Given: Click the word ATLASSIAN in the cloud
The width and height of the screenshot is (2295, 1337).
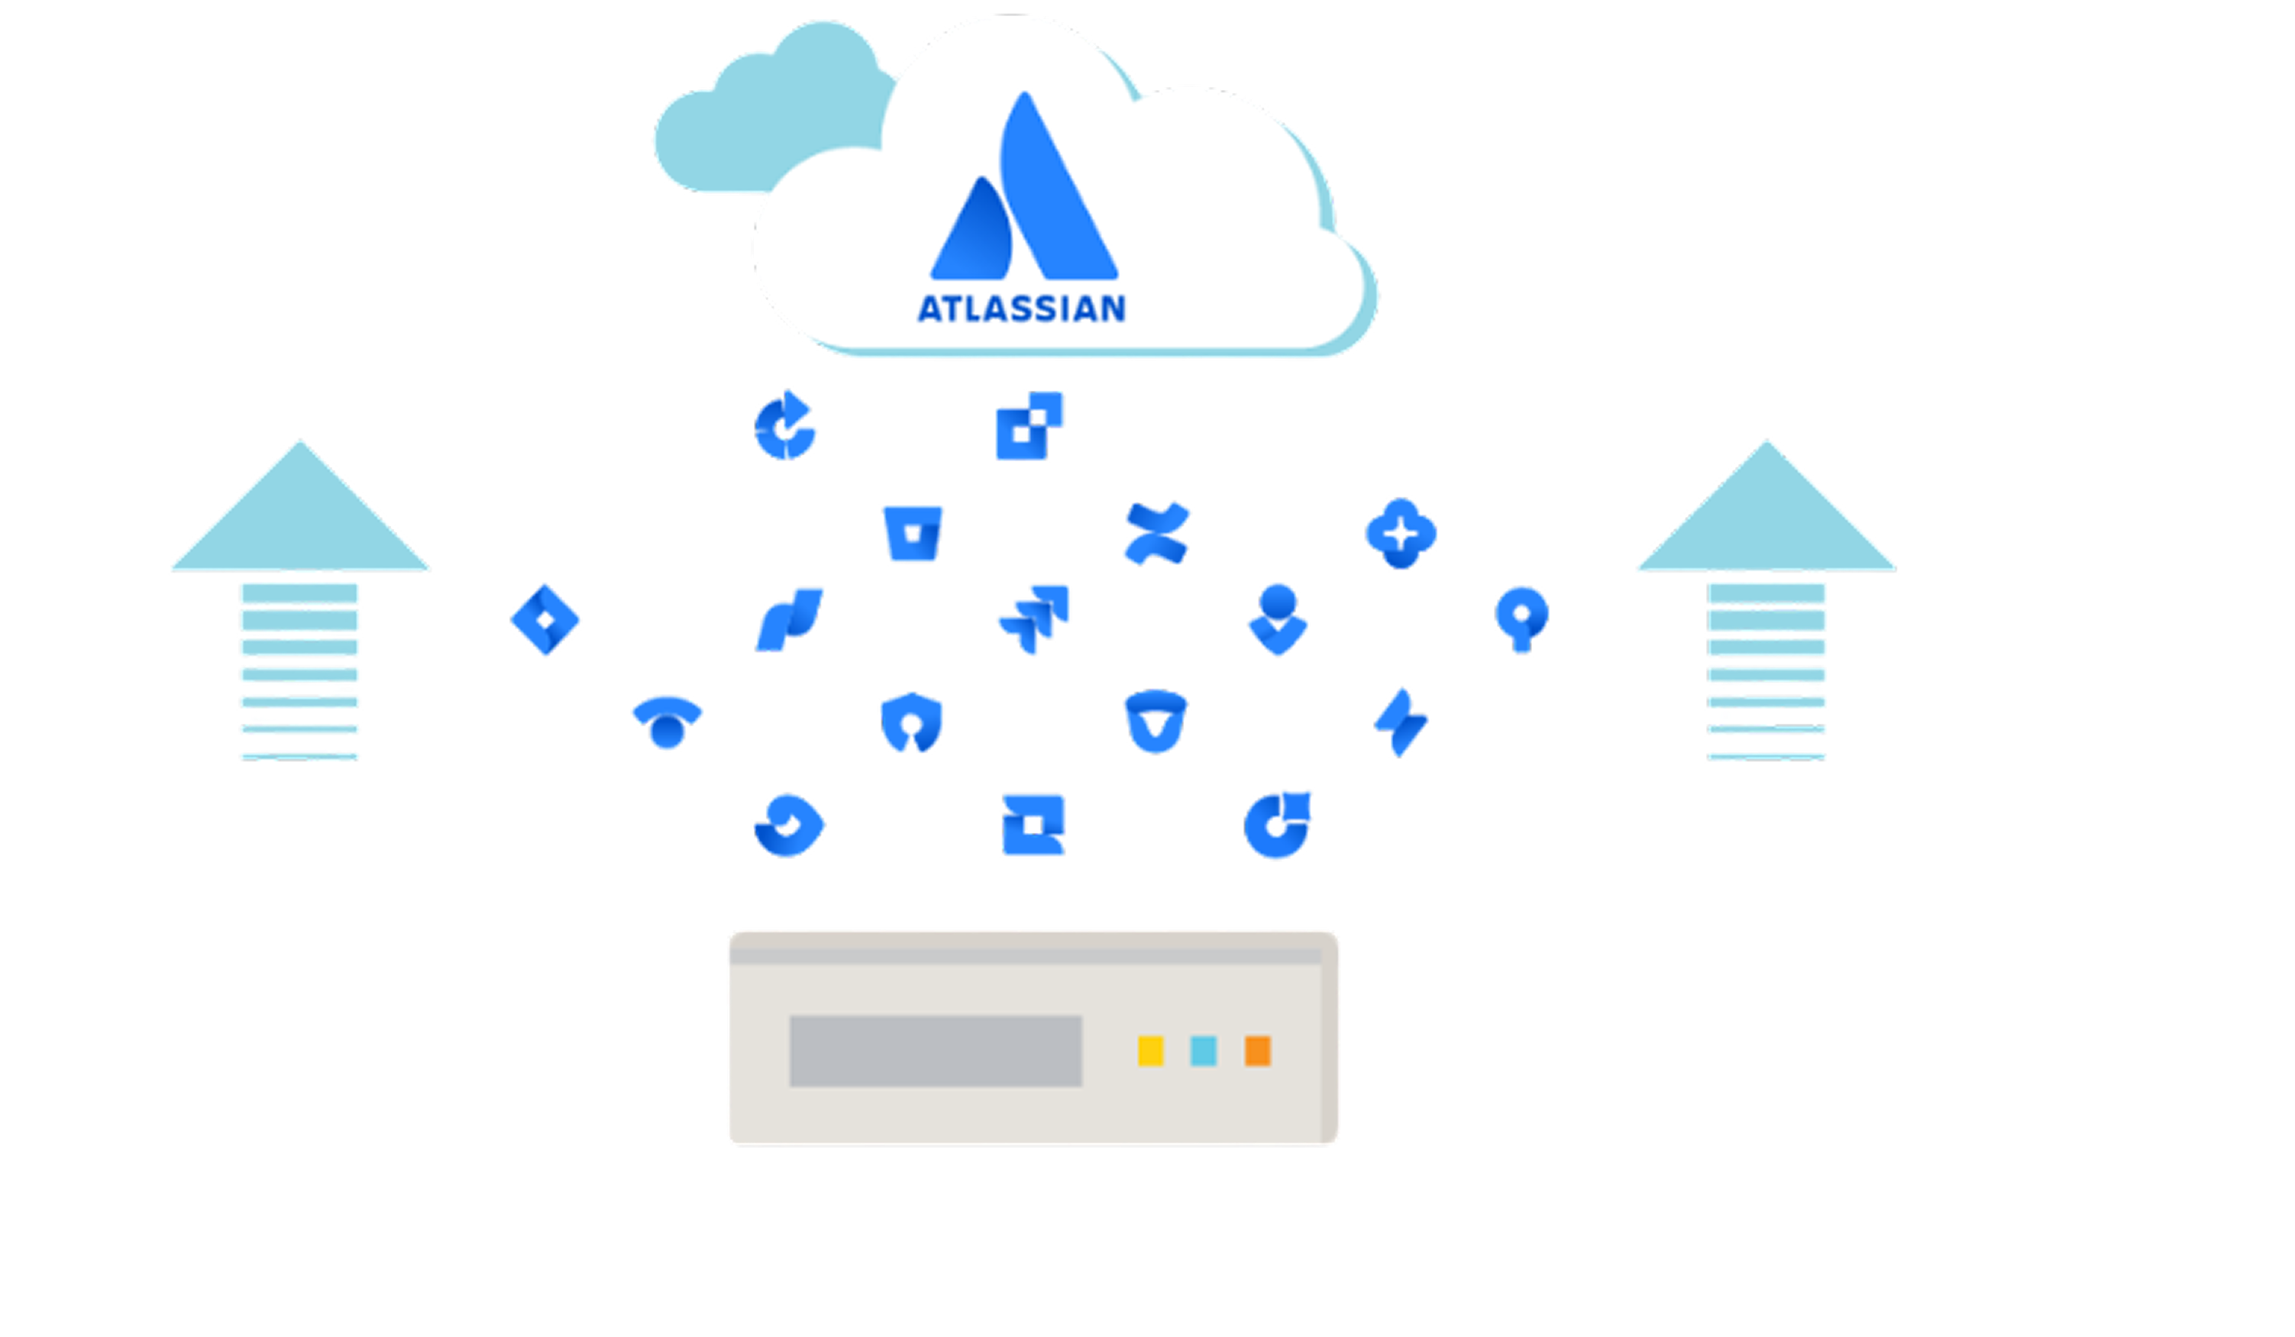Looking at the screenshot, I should pyautogui.click(x=1021, y=308).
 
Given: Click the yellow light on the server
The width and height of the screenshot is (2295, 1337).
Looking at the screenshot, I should pyautogui.click(x=1150, y=1050).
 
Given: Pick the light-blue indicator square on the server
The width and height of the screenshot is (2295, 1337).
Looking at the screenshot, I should pyautogui.click(x=1203, y=1050).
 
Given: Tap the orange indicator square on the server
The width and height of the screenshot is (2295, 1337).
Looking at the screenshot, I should pyautogui.click(x=1258, y=1050).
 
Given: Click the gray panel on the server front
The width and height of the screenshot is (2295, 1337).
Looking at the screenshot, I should pyautogui.click(x=936, y=1051).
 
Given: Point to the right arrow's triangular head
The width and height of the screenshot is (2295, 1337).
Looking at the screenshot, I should pyautogui.click(x=1766, y=519).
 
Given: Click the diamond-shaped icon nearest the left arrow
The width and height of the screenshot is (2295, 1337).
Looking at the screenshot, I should pyautogui.click(x=545, y=619).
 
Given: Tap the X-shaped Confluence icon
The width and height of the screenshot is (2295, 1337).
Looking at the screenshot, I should pyautogui.click(x=1156, y=532).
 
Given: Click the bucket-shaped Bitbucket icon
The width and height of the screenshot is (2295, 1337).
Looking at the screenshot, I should pyautogui.click(x=913, y=533).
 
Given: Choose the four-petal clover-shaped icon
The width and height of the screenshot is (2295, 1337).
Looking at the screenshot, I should pyautogui.click(x=1401, y=533).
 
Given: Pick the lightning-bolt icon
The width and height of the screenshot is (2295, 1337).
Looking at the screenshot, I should pyautogui.click(x=1401, y=722).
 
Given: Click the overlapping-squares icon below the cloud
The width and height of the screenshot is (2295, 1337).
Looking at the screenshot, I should pyautogui.click(x=1029, y=425).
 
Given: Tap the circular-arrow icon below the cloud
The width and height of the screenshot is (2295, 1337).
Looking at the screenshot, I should pyautogui.click(x=785, y=426).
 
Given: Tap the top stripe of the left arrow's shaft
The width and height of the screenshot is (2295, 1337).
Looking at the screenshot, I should pyautogui.click(x=299, y=594).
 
